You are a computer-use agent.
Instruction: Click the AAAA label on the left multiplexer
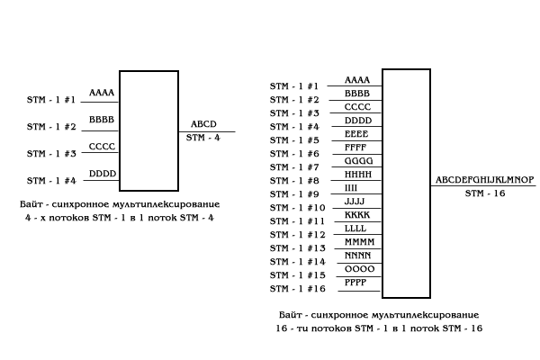pyautogui.click(x=101, y=93)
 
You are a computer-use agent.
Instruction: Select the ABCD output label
pyautogui.click(x=204, y=125)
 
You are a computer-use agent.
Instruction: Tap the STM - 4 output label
pyautogui.click(x=203, y=138)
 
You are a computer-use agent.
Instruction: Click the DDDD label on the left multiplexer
pyautogui.click(x=102, y=174)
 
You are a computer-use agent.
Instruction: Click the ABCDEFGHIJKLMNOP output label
pyautogui.click(x=485, y=180)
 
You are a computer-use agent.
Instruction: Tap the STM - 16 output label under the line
pyautogui.click(x=486, y=193)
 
